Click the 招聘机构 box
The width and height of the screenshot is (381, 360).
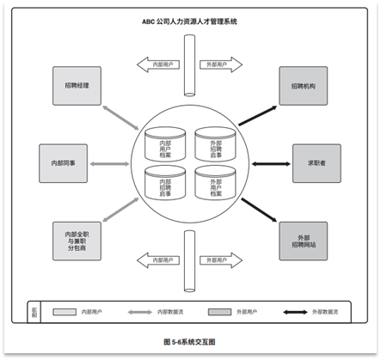[x=302, y=86]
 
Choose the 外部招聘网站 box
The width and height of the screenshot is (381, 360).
[x=302, y=236]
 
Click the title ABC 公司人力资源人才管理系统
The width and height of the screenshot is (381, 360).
[x=190, y=20]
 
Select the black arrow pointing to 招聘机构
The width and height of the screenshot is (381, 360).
[x=258, y=111]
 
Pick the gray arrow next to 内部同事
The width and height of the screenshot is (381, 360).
[x=109, y=162]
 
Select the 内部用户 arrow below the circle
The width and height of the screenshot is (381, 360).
[x=159, y=259]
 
